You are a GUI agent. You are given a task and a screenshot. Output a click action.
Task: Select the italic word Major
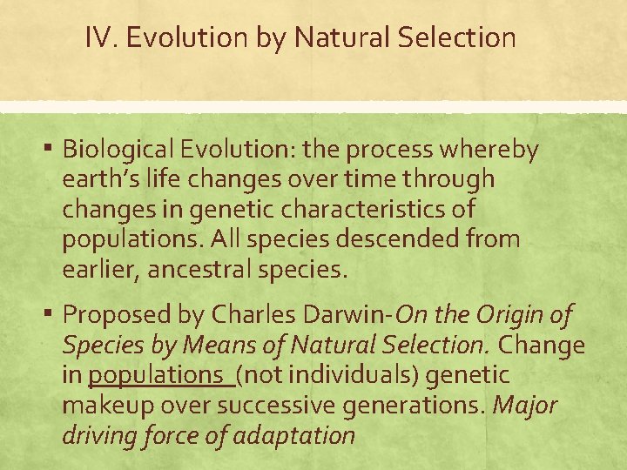[525, 405]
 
